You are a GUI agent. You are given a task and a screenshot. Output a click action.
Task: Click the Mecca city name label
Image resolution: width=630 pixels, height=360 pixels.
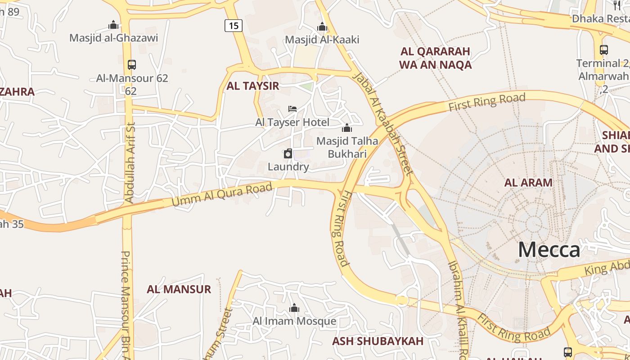[x=549, y=250]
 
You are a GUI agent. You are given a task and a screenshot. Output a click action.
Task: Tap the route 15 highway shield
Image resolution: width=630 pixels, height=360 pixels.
[x=234, y=26]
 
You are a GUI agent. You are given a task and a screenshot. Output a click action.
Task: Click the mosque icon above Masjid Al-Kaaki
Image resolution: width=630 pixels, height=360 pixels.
[x=322, y=27]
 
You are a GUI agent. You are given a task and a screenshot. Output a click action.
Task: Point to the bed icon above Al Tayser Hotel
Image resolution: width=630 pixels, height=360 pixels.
[x=292, y=109]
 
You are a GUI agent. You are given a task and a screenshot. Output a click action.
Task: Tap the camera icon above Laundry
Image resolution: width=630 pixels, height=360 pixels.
[x=288, y=154]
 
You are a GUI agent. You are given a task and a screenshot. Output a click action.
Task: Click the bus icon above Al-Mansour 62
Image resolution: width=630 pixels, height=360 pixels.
[x=132, y=65]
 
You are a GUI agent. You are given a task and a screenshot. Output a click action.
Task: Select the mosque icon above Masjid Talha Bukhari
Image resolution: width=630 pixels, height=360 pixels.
[x=347, y=128]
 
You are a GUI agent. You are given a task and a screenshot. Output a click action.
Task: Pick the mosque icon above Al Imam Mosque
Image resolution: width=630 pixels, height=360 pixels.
[x=294, y=308]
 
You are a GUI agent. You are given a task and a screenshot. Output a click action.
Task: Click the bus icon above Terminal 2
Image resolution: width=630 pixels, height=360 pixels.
[x=604, y=50]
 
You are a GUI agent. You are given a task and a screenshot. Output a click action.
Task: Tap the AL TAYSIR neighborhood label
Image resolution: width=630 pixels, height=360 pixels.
[x=253, y=86]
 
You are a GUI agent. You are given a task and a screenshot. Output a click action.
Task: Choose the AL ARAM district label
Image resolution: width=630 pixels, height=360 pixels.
[x=528, y=183]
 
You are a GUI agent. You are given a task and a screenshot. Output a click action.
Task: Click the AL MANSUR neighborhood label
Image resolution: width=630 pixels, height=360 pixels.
[x=179, y=289]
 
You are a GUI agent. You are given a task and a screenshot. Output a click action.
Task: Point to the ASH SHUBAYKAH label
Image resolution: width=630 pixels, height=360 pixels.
[x=378, y=341]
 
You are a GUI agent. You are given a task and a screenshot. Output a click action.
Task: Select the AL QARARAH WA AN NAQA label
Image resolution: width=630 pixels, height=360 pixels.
[x=435, y=58]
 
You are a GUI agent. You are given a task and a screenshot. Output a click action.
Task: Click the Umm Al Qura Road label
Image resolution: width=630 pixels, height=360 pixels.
[x=222, y=194]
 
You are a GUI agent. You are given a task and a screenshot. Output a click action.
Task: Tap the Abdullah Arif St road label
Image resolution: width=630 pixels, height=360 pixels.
[x=130, y=162]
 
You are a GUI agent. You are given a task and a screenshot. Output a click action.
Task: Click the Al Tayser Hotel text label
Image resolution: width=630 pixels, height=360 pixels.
[x=292, y=122]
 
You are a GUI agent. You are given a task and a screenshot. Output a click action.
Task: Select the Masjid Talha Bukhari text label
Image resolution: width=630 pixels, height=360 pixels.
[x=347, y=148]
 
